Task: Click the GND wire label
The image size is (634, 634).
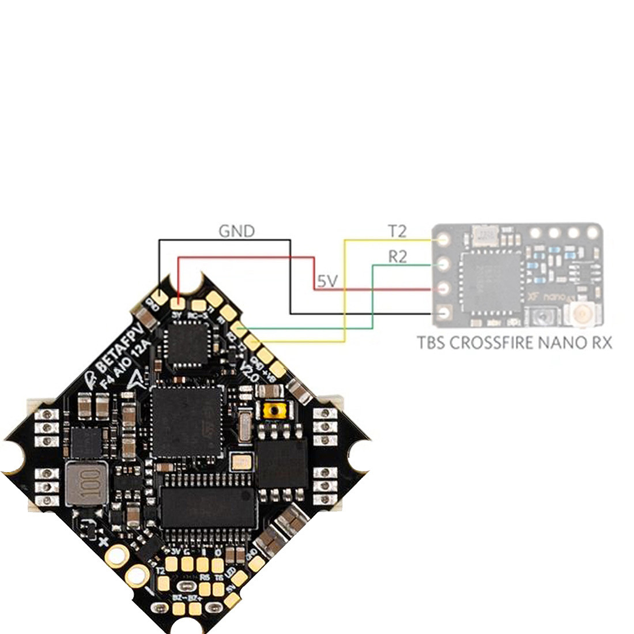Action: (x=236, y=231)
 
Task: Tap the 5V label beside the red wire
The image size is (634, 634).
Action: (x=327, y=281)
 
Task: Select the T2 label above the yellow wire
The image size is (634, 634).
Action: (x=397, y=231)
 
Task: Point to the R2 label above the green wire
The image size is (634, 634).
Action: (x=397, y=256)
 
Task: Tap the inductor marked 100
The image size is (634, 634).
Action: (x=86, y=482)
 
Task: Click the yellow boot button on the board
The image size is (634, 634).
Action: (x=275, y=411)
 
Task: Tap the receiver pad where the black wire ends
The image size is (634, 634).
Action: (x=444, y=314)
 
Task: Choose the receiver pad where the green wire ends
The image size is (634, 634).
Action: (x=444, y=264)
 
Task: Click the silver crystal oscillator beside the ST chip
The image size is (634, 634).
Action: (x=244, y=427)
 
